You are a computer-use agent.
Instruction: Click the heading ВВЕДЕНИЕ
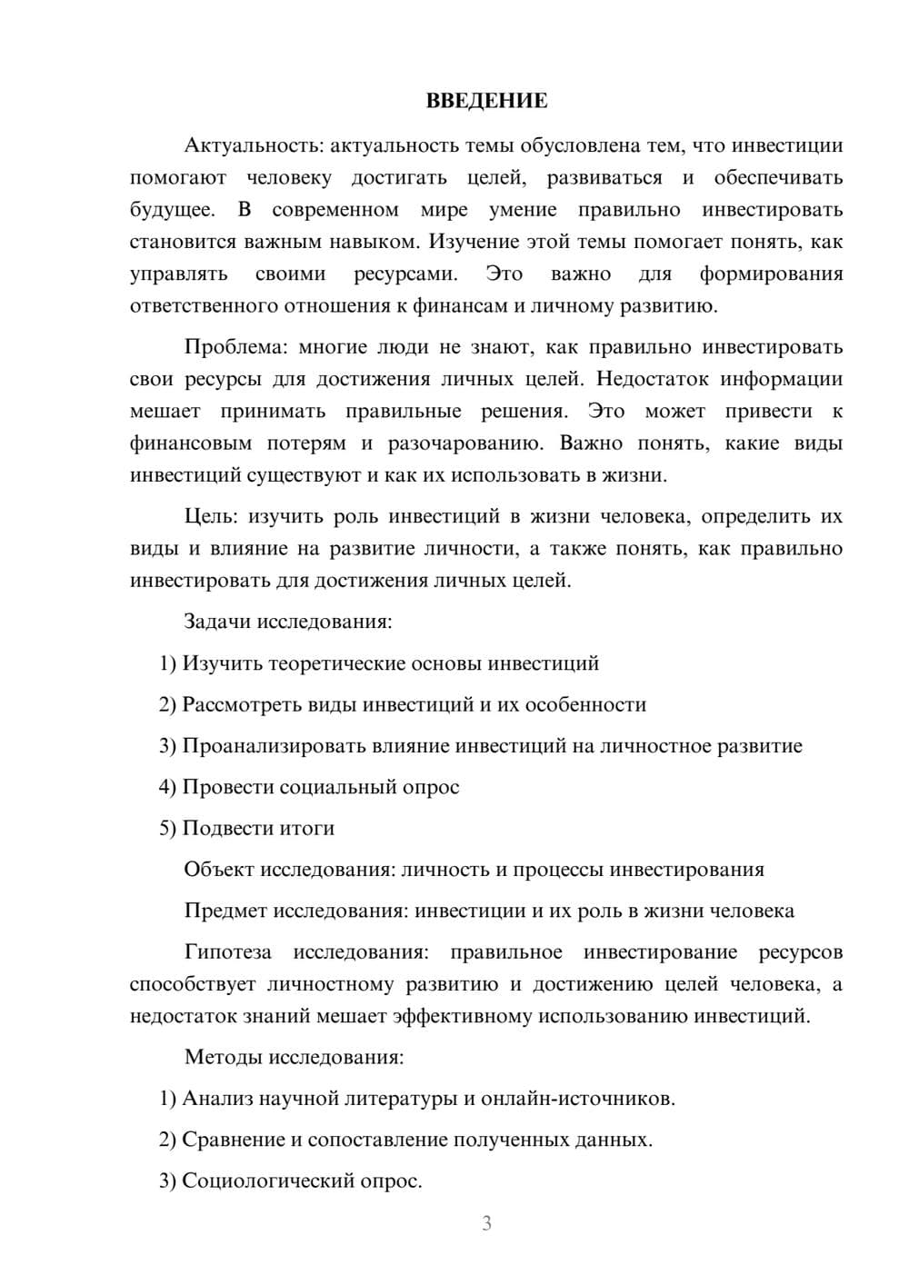click(486, 101)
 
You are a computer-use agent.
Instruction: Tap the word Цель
click(210, 517)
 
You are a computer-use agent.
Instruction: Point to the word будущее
click(172, 210)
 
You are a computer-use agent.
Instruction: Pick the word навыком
click(371, 242)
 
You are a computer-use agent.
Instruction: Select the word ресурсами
click(405, 274)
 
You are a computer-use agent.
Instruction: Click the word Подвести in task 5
click(224, 829)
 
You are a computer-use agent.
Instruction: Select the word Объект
click(219, 870)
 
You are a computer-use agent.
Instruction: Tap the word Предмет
click(225, 911)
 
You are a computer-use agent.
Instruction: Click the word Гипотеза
click(227, 952)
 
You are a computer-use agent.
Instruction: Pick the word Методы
click(218, 1058)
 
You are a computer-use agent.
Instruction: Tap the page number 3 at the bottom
click(486, 1223)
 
